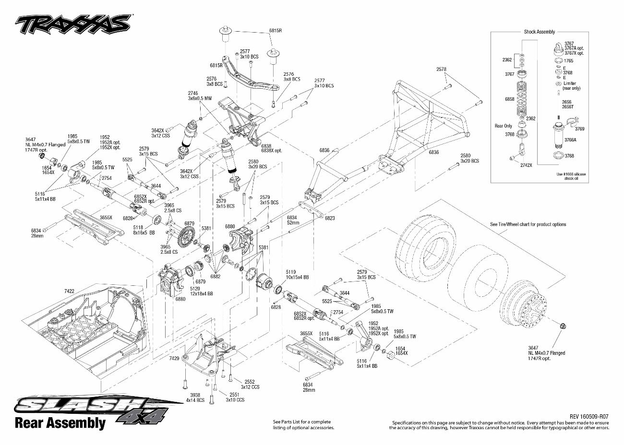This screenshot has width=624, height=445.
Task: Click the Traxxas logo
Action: pyautogui.click(x=72, y=23)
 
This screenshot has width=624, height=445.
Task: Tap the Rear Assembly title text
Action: pyautogui.click(x=60, y=422)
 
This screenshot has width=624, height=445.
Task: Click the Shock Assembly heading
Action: pyautogui.click(x=539, y=32)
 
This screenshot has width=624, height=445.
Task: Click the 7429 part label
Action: pyautogui.click(x=174, y=358)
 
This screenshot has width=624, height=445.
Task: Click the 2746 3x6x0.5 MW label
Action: pyautogui.click(x=200, y=95)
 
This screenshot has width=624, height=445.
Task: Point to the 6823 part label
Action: pyautogui.click(x=329, y=218)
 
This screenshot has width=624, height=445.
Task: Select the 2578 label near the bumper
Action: pyautogui.click(x=441, y=69)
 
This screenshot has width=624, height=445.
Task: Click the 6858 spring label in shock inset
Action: pyautogui.click(x=510, y=98)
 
